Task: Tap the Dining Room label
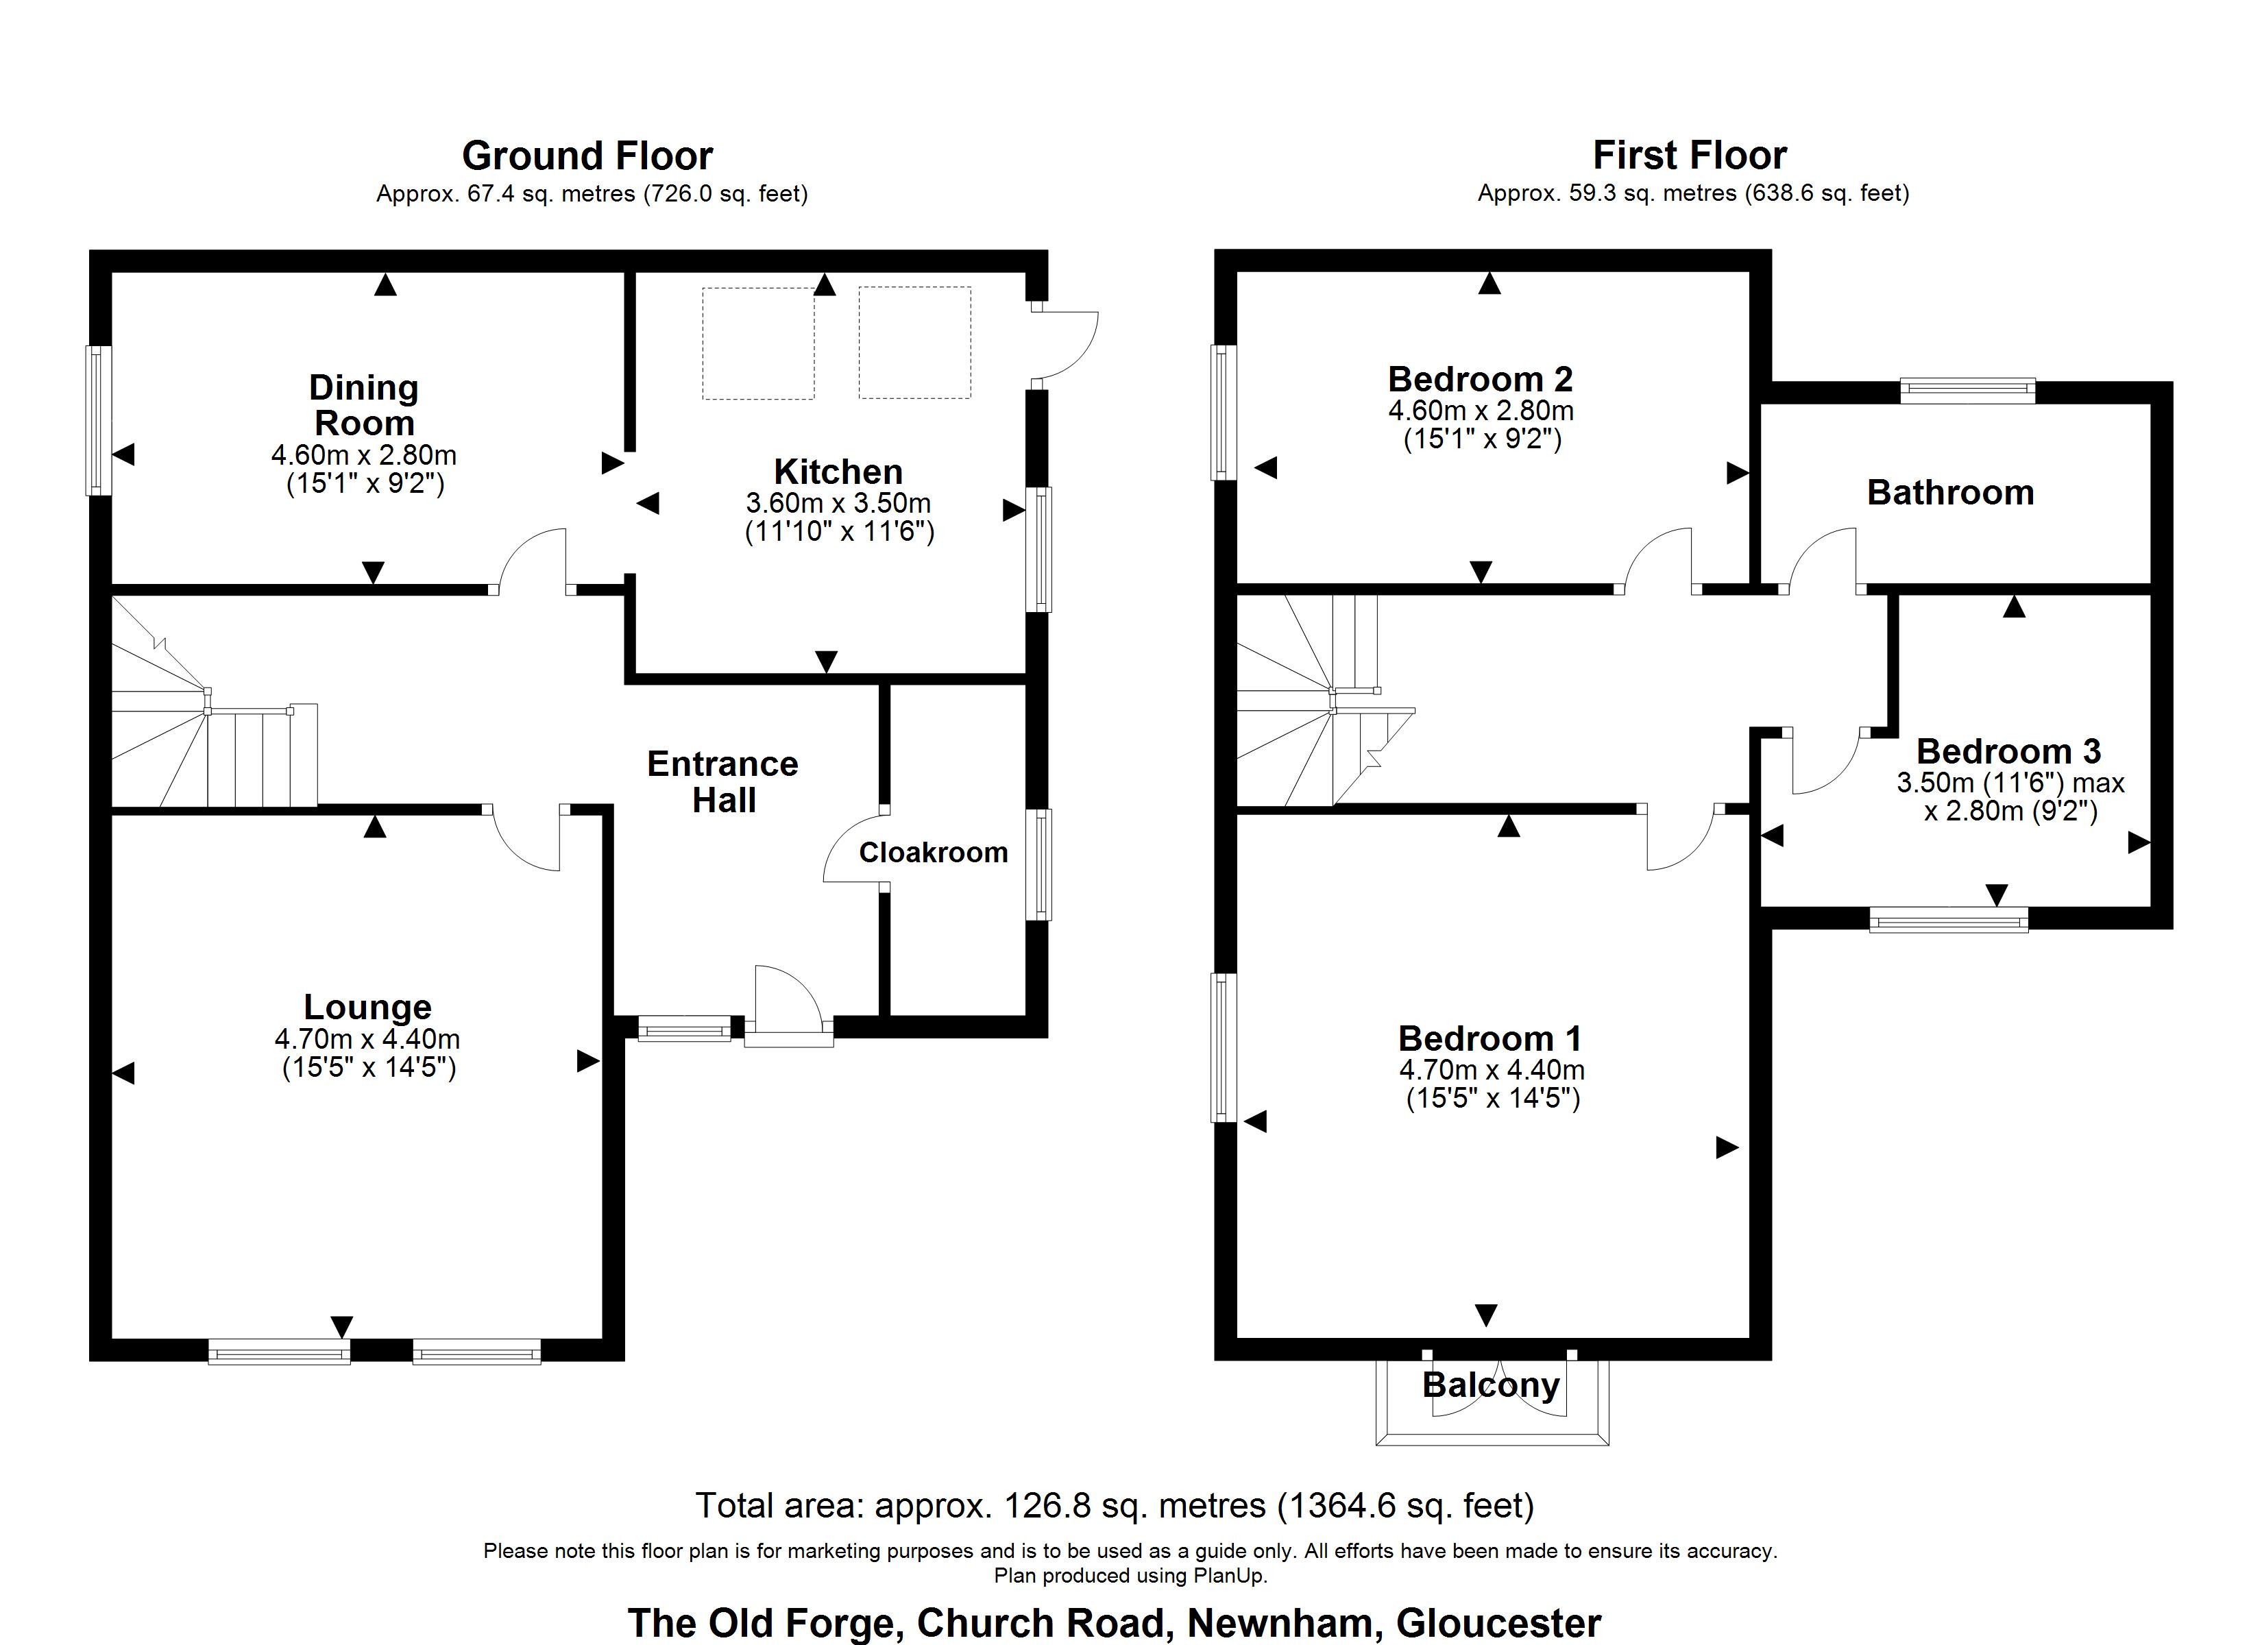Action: tap(364, 405)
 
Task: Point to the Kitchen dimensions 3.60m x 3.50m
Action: tap(838, 503)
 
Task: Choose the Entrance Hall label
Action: tap(723, 782)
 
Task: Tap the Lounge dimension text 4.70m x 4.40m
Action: tap(367, 1038)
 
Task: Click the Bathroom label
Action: tap(1950, 493)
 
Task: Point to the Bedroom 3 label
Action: tap(2008, 751)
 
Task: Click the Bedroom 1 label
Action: tap(1490, 1038)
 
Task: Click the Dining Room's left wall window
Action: tap(99, 420)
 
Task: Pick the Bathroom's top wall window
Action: tap(1967, 390)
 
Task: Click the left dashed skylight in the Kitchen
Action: tap(758, 343)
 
